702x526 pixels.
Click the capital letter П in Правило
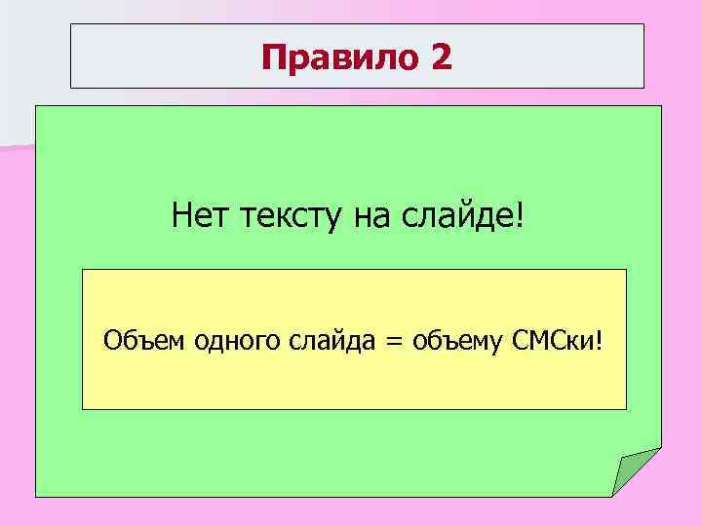click(274, 59)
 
